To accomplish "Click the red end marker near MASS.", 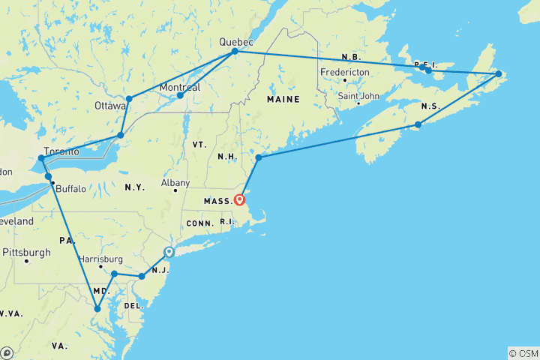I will pos(239,199).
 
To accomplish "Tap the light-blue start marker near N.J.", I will pos(169,253).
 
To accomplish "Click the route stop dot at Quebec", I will pos(235,51).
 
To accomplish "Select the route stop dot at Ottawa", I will pos(129,98).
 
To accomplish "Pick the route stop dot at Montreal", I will pos(180,95).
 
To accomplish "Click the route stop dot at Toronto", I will pos(41,158).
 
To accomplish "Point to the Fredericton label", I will pos(345,72).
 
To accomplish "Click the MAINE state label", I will pos(283,99).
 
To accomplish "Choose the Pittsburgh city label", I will pos(26,252).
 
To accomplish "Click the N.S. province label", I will pos(430,106).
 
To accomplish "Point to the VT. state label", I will pos(198,144).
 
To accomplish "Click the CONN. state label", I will pos(201,223).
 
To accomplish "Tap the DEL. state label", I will pos(133,306).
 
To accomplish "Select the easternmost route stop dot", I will pos(498,73).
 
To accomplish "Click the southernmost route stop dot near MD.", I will pos(97,308).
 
